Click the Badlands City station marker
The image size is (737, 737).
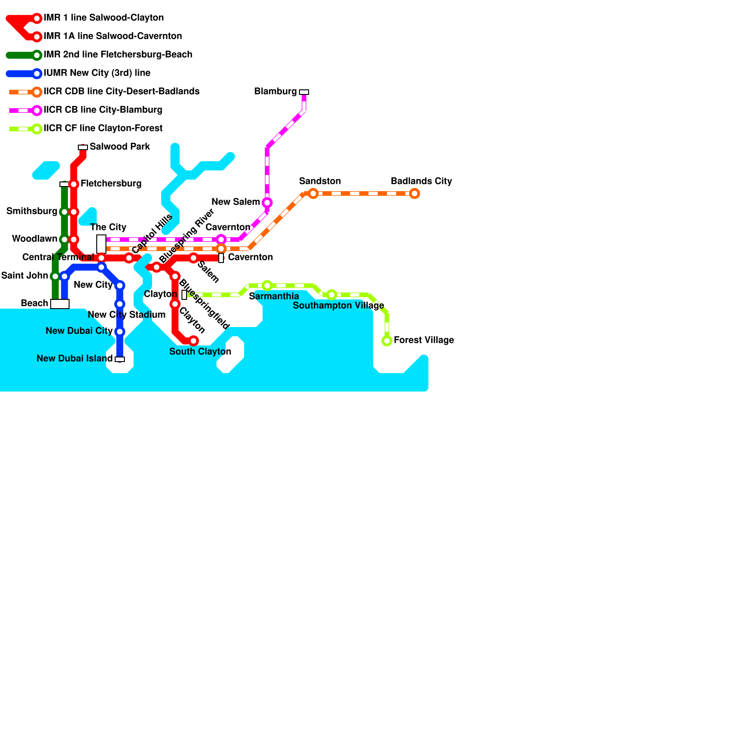415,193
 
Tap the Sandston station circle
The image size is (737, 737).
313,193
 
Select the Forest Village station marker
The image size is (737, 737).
387,341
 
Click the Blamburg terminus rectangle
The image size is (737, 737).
304,92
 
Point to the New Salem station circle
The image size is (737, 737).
267,203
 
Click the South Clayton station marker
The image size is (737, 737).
193,341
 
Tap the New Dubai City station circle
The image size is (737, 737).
120,332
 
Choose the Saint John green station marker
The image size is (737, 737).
55,276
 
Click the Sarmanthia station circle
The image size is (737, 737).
267,286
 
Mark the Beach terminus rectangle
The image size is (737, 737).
60,304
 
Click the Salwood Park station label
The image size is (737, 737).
120,146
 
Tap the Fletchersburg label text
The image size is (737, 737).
111,183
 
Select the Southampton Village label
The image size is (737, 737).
338,305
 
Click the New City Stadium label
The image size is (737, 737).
126,315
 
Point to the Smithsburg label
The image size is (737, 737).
32,211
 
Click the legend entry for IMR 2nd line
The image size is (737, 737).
118,54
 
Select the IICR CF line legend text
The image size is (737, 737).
103,128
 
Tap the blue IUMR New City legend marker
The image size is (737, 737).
37,74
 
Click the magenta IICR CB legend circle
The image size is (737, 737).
37,111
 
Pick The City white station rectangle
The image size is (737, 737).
101,244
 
